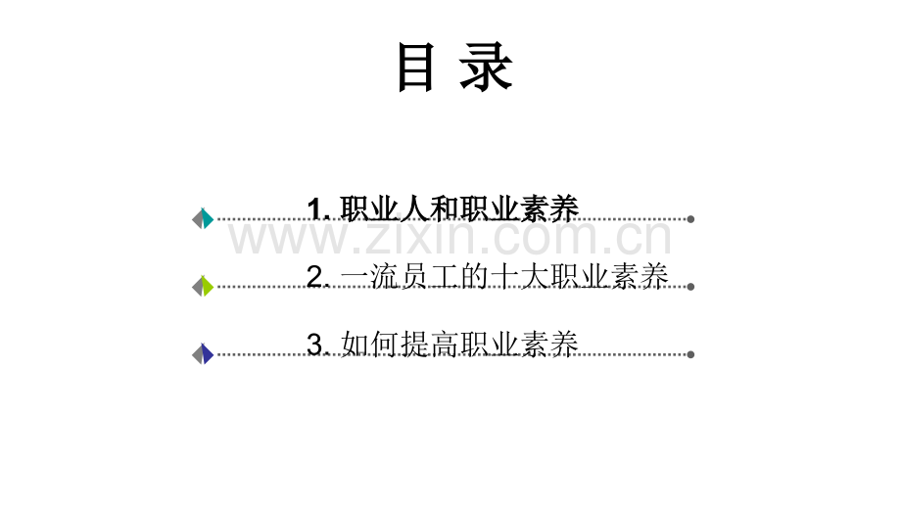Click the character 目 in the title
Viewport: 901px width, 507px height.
(x=415, y=69)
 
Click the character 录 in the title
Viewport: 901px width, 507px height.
(x=487, y=69)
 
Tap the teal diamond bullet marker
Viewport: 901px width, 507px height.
(x=203, y=219)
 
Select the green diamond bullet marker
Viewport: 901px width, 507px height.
(x=203, y=287)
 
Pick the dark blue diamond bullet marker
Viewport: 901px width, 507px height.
(x=203, y=354)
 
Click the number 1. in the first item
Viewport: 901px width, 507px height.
(x=320, y=208)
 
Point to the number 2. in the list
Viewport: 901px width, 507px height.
(x=320, y=278)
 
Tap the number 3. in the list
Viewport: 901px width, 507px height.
(x=320, y=345)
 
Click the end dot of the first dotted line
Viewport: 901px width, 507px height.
(x=690, y=219)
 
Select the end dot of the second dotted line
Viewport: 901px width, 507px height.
(x=690, y=287)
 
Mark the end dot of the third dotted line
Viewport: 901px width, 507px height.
(x=690, y=354)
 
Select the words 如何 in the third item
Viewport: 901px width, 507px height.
(x=370, y=345)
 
